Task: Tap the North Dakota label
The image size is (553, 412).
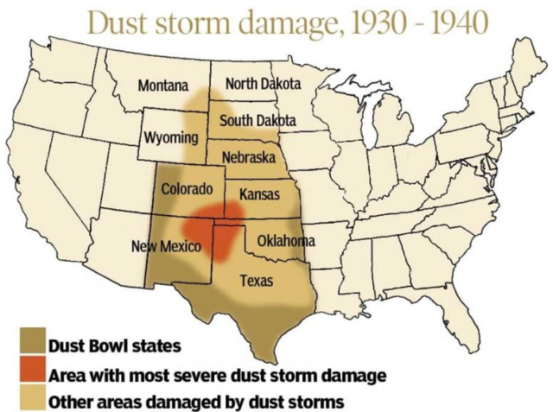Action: click(263, 84)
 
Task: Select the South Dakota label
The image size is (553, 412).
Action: click(257, 120)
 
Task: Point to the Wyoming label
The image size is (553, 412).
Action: click(170, 138)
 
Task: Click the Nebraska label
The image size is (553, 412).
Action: click(248, 158)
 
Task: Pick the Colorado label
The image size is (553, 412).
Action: click(187, 188)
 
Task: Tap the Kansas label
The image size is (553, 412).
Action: click(259, 194)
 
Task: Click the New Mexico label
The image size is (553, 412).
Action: click(166, 247)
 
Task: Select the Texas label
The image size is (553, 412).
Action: click(256, 281)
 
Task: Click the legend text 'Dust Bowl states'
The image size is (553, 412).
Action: click(114, 347)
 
